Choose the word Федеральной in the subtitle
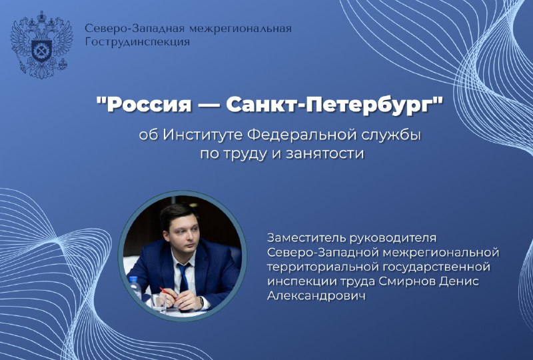tap(292, 135)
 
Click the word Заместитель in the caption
tap(302, 238)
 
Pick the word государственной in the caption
tap(444, 266)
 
